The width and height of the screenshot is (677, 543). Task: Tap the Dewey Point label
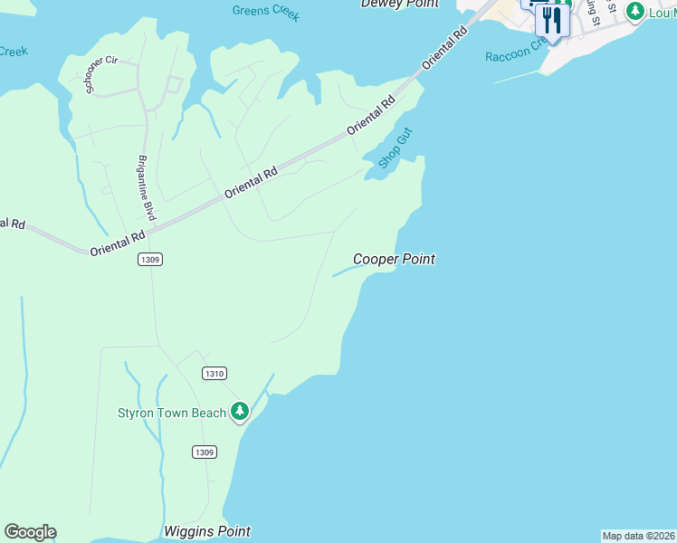[x=399, y=5]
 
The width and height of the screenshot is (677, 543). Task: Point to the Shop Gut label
[x=396, y=148]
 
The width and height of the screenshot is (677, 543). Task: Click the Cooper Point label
[x=394, y=259]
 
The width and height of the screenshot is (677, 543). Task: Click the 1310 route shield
[x=214, y=373]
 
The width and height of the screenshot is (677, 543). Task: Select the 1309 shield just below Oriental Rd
[x=150, y=260]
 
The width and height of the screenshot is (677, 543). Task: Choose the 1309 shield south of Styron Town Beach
[x=205, y=452]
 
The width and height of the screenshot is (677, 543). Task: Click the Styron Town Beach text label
[x=172, y=413]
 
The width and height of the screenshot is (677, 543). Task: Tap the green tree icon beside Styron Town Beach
[x=240, y=412]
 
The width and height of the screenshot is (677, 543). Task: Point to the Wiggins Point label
[x=207, y=531]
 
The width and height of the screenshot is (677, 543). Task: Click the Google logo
[x=30, y=532]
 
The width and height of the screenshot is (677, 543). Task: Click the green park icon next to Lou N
[x=635, y=11]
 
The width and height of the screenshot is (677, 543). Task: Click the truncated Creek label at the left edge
[x=14, y=52]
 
